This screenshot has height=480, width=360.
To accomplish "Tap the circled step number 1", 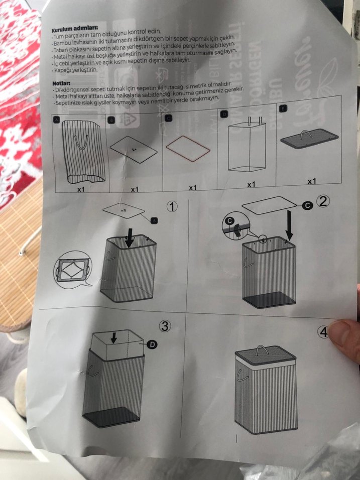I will tap(173, 207).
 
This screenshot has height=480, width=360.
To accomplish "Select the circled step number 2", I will tap(323, 202).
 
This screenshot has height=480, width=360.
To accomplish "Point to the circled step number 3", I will tap(165, 326).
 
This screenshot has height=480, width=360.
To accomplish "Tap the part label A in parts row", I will tap(57, 120).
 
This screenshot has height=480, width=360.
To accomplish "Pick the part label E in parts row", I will tap(284, 109).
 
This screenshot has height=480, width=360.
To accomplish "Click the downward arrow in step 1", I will tap(130, 238).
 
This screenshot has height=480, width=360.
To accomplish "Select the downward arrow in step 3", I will tap(114, 338).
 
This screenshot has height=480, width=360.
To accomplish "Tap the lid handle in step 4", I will tap(262, 348).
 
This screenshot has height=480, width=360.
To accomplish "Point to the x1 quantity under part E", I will tap(312, 181).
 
